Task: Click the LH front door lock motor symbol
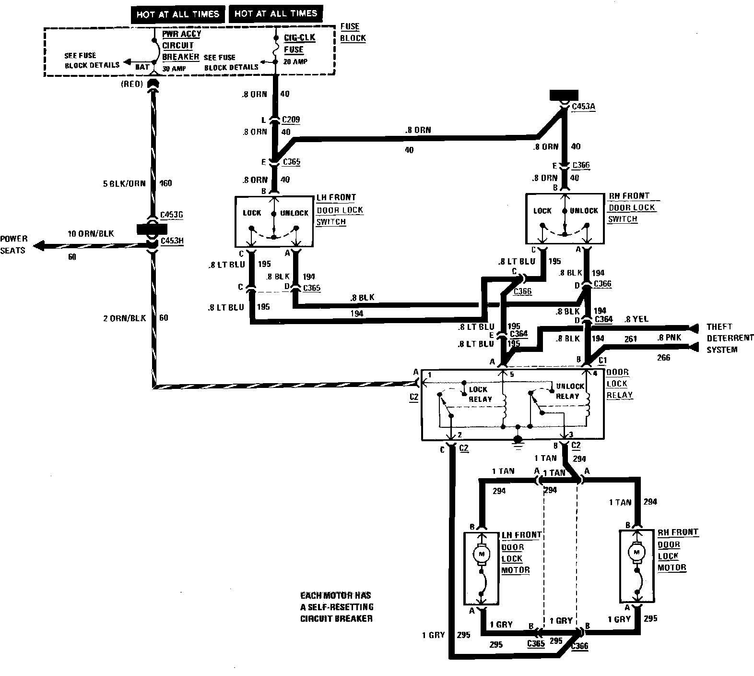481,554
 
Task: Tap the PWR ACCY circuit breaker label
181,46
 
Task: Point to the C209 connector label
291,120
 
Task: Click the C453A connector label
584,107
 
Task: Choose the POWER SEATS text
14,244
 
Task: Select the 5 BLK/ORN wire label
124,183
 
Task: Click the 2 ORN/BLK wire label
125,318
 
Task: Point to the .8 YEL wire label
637,318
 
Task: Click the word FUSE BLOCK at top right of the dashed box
353,32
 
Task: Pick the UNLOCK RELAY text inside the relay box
569,391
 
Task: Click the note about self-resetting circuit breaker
336,607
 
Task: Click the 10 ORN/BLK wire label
91,234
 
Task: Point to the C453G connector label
171,215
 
